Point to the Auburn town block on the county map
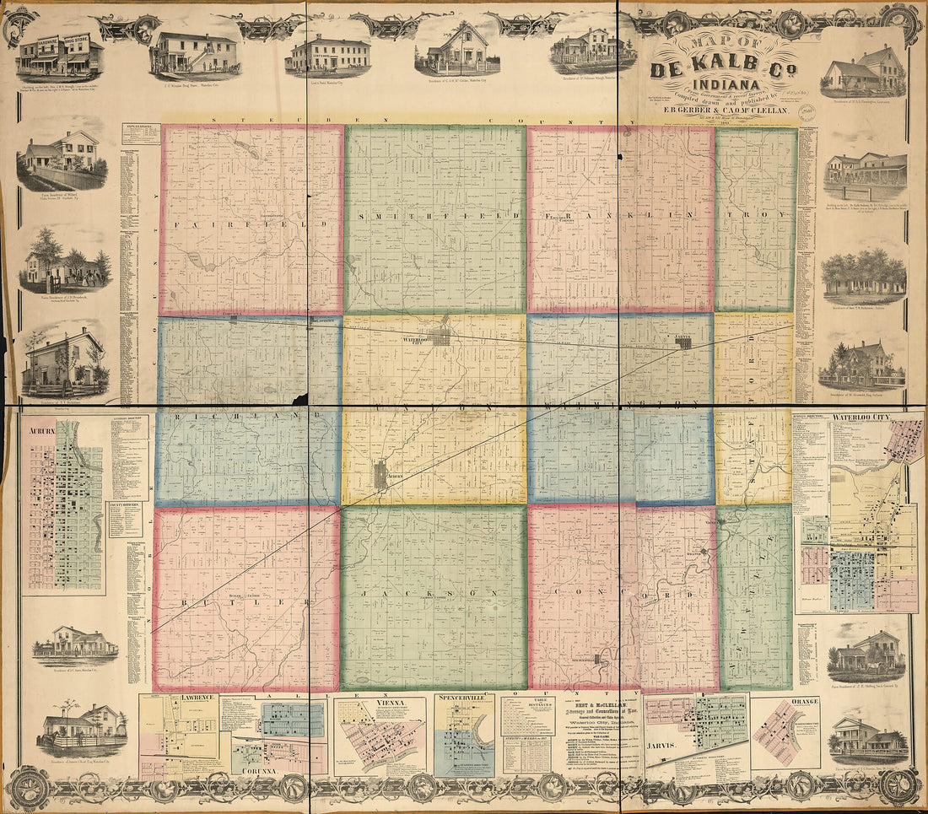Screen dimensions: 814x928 click(x=380, y=477)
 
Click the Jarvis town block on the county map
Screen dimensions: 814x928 click(x=684, y=343)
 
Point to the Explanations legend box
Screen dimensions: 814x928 click(x=141, y=132)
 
